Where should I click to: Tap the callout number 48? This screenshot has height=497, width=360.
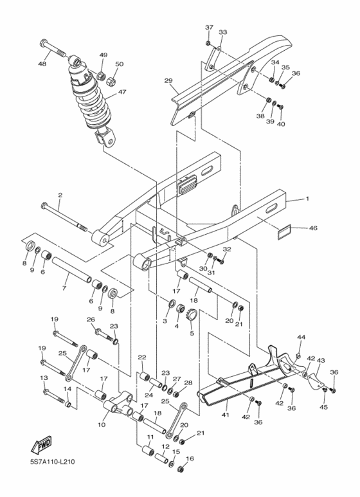pos(42,64)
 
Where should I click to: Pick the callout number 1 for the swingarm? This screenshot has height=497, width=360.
pos(307,199)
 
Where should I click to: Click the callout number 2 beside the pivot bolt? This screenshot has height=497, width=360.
pos(60,195)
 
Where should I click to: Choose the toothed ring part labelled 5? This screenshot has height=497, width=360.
pos(191,317)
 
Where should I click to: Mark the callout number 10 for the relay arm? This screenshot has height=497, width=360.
pos(102,425)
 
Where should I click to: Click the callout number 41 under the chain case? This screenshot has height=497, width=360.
pos(226,415)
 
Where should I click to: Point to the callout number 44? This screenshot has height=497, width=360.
pos(300,337)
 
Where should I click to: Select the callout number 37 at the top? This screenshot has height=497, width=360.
pos(208,28)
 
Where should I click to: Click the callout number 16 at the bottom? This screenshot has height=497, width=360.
pos(189,459)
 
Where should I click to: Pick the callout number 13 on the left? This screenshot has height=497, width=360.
pos(44,378)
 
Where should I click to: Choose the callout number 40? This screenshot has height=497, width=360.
pos(281,124)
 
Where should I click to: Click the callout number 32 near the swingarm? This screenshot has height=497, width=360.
pos(226,249)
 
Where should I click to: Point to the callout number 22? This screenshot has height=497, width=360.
pos(142,357)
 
